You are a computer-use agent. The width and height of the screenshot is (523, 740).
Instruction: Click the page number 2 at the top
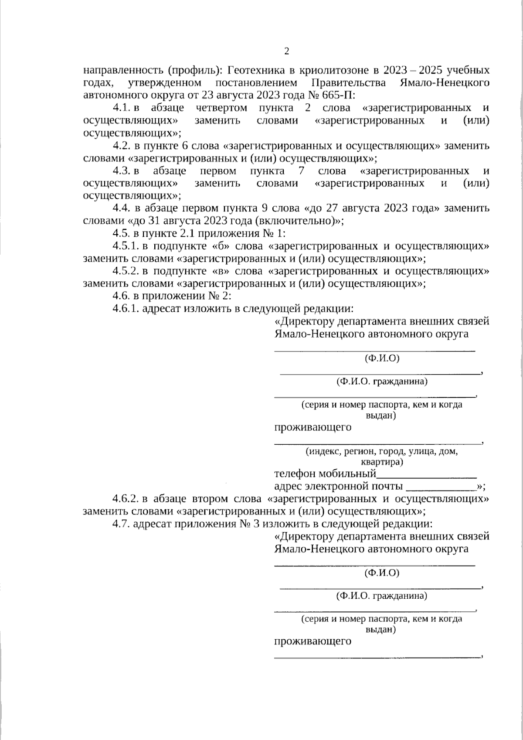click(286, 51)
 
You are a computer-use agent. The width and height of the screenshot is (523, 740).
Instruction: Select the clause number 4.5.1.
click(125, 246)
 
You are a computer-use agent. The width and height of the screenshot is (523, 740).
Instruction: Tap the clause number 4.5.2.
click(125, 271)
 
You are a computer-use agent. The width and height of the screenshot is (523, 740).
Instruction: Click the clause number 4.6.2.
click(125, 498)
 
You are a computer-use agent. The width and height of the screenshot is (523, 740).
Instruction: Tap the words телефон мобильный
click(325, 474)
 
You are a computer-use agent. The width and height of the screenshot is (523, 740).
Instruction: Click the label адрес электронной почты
click(338, 486)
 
